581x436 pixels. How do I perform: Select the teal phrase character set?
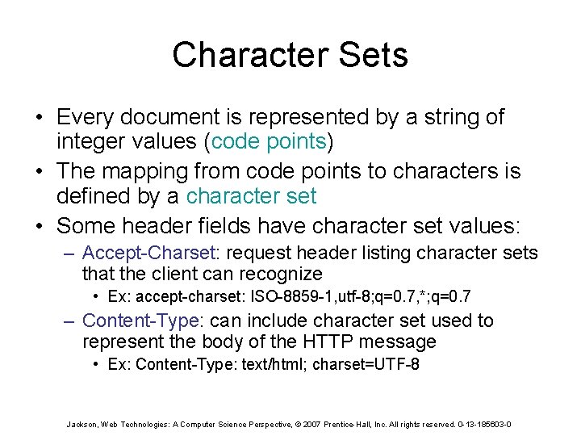252,196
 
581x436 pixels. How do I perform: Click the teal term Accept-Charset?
147,253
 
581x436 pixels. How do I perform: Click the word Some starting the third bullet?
82,224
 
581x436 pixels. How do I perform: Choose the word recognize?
278,274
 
